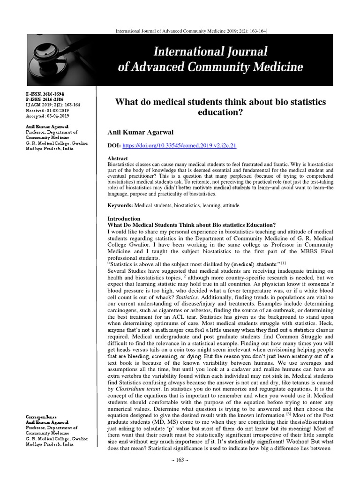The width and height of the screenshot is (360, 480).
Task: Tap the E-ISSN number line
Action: point(39,94)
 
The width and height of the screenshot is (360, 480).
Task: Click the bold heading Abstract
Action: point(118,159)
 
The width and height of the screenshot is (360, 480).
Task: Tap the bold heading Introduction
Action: point(124,218)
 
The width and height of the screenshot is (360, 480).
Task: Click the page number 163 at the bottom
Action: point(180,472)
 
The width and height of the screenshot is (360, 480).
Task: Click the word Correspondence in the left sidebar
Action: point(42,417)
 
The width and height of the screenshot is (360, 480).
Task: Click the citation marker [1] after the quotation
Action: point(284,262)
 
